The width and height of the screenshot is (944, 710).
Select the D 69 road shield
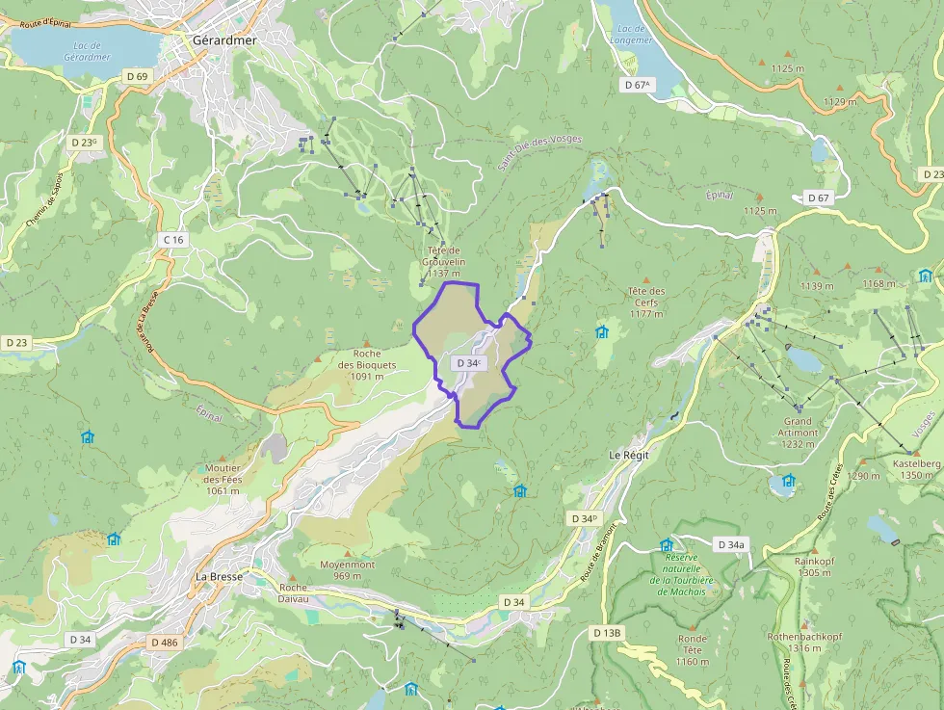[136, 76]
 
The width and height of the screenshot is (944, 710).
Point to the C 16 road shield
[173, 239]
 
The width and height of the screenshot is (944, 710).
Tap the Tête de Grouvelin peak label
[444, 261]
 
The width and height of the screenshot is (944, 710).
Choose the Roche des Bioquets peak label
[367, 364]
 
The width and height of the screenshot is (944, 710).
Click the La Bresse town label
[219, 576]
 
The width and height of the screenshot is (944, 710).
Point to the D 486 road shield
[165, 642]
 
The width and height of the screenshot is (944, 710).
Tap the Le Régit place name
[630, 454]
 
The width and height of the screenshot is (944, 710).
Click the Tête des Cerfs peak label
[646, 302]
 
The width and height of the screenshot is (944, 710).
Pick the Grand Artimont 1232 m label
[798, 427]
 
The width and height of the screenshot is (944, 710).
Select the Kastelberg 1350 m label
[915, 469]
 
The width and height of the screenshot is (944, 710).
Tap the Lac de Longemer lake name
[632, 35]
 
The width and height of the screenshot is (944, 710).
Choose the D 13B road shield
[607, 632]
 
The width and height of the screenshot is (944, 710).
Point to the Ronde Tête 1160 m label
[692, 649]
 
